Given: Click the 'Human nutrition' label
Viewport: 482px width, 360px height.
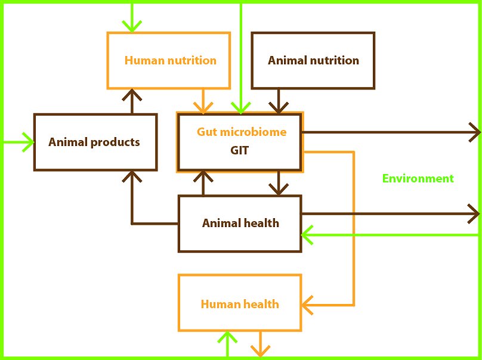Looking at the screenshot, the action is (170, 60).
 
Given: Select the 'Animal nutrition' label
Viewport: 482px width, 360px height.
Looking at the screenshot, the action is (313, 60).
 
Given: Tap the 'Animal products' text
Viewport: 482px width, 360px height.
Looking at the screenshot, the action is (94, 142).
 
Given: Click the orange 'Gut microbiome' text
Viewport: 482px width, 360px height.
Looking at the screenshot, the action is (242, 132).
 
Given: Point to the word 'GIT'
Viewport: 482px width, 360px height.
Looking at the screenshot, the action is (239, 151).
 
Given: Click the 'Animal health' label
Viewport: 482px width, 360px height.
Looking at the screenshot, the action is (240, 223).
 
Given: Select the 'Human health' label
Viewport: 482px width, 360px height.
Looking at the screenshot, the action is (240, 304).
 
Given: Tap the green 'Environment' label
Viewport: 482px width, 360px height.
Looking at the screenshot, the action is (418, 178).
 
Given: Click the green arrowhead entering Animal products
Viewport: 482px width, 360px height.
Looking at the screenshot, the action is (28, 142).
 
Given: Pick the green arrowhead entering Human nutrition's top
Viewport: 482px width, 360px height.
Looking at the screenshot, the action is (132, 26).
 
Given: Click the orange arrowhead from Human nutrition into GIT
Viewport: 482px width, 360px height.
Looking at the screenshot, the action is (203, 108).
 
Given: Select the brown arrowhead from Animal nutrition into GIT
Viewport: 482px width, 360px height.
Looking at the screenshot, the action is (278, 108).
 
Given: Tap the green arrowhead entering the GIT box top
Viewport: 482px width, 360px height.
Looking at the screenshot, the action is (240, 108).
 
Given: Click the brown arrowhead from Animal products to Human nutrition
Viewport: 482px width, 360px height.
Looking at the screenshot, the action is (132, 95).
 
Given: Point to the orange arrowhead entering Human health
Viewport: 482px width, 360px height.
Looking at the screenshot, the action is (307, 305).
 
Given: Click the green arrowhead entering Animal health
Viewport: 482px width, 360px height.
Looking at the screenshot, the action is (307, 235).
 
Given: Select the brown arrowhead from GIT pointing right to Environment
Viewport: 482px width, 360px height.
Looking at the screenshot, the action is (475, 132).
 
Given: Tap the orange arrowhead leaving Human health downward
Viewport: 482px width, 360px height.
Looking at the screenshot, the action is (260, 351).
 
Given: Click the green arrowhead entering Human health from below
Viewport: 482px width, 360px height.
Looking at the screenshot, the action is (227, 337).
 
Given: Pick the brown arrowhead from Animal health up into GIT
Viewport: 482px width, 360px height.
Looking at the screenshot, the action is (203, 176).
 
